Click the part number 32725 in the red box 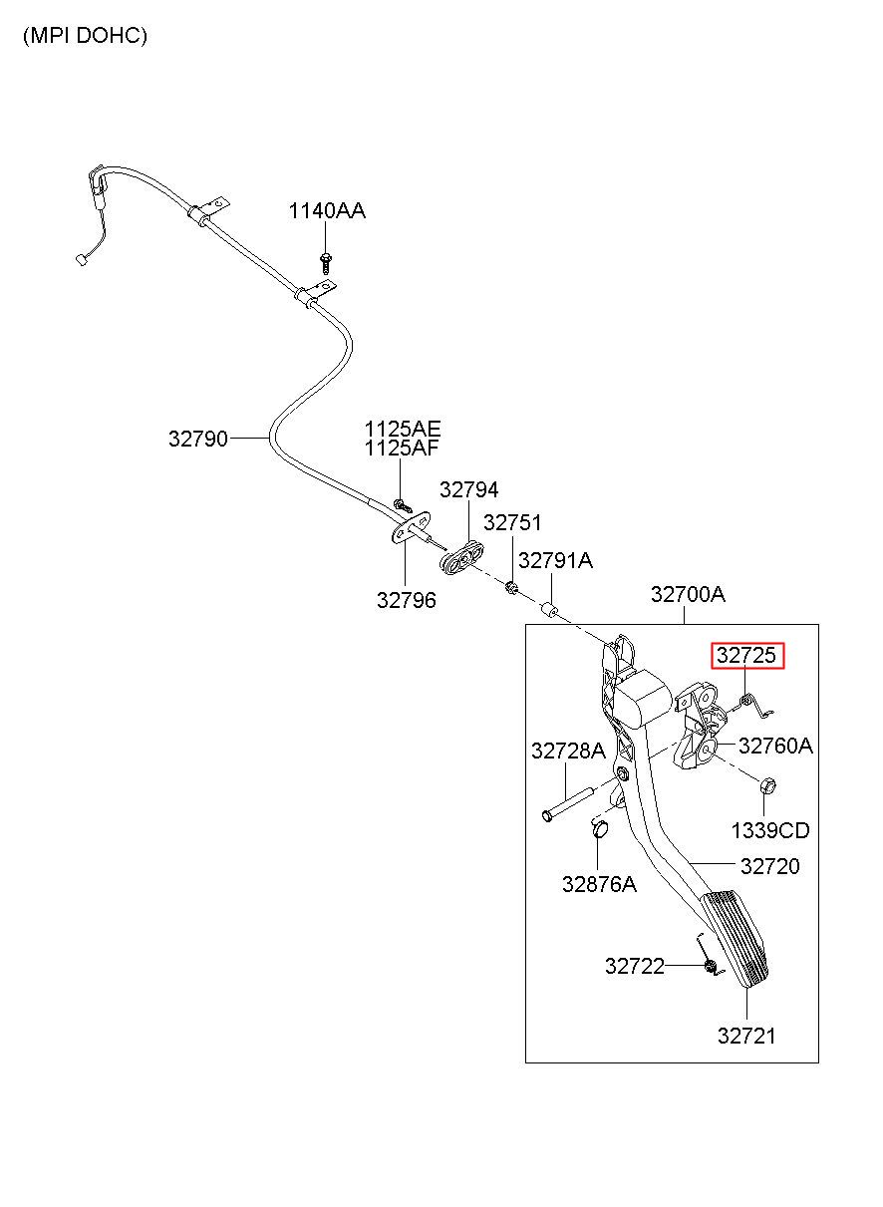pos(745,655)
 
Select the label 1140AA pos(327,210)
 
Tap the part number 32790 pos(198,439)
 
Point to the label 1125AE pos(403,430)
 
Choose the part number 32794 pos(469,489)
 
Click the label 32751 pos(512,522)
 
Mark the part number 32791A pos(555,561)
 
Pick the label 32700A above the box pos(688,594)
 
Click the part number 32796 pos(407,600)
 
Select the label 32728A pos(568,751)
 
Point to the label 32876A pos(599,884)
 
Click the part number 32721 pos(746,1037)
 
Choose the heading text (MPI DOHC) pos(85,36)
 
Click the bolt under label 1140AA pos(326,262)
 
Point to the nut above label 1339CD pos(767,786)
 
